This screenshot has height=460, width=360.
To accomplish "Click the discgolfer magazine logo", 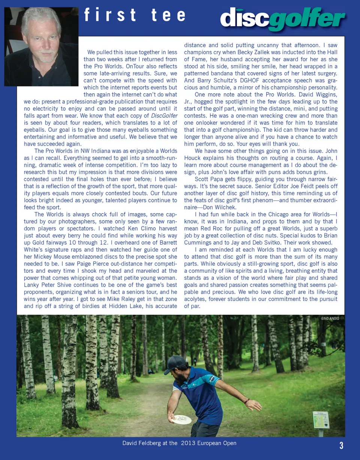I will [x=282, y=19].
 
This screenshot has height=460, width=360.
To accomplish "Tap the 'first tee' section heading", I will [x=135, y=15].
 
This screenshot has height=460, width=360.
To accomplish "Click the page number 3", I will [x=341, y=445].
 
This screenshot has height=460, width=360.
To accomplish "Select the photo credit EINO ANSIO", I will [x=330, y=319].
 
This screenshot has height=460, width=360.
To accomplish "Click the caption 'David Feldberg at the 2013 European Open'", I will [x=179, y=443].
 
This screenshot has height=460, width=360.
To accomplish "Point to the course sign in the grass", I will [x=321, y=420].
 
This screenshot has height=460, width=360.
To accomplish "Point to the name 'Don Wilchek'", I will [x=225, y=207].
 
